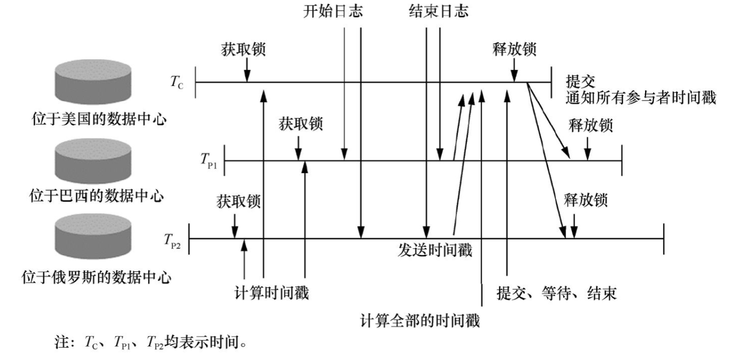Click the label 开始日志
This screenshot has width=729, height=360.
[331, 12]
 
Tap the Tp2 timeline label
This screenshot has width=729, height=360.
[174, 239]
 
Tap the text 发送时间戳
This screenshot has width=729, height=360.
[435, 251]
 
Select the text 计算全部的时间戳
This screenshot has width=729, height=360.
[421, 321]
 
